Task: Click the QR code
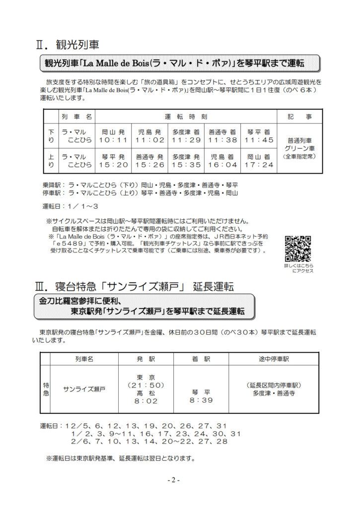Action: pyautogui.click(x=298, y=249)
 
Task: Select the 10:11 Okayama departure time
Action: pyautogui.click(x=114, y=140)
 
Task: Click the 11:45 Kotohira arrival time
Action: pyautogui.click(x=260, y=140)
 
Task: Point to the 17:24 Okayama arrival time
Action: pyautogui.click(x=260, y=165)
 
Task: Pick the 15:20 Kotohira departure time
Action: pyautogui.click(x=114, y=165)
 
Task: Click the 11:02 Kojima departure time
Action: pyautogui.click(x=150, y=140)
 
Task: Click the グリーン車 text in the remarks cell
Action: pyautogui.click(x=300, y=148)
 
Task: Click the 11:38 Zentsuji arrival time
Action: pyautogui.click(x=222, y=140)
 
